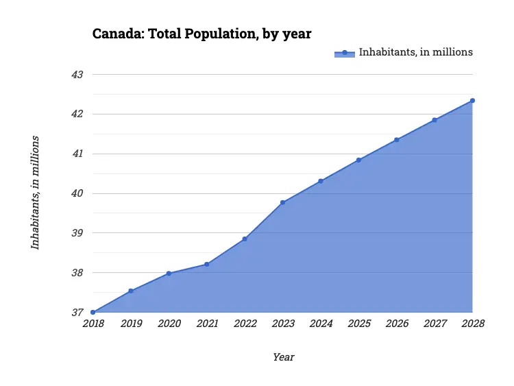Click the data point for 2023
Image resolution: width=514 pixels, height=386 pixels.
pyautogui.click(x=282, y=202)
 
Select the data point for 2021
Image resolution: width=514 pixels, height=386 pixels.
pyautogui.click(x=206, y=264)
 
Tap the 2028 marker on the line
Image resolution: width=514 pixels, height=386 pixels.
pyautogui.click(x=472, y=101)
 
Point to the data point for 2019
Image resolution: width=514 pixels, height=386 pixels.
pyautogui.click(x=130, y=291)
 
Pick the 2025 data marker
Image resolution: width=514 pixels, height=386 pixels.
pyautogui.click(x=358, y=160)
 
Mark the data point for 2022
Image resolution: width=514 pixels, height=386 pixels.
pyautogui.click(x=245, y=239)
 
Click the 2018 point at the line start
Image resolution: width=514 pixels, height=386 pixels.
pyautogui.click(x=93, y=313)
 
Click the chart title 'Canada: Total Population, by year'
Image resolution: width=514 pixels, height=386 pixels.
pyautogui.click(x=202, y=34)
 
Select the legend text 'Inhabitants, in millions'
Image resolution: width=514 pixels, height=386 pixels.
pyautogui.click(x=416, y=52)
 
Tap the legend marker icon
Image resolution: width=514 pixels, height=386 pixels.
pyautogui.click(x=345, y=53)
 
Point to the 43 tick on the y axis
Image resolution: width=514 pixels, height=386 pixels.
pyautogui.click(x=77, y=74)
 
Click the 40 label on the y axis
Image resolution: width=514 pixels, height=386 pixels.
pyautogui.click(x=77, y=193)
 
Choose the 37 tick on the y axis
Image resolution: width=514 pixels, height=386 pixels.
pyautogui.click(x=77, y=313)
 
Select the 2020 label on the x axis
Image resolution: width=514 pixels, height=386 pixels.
pyautogui.click(x=169, y=324)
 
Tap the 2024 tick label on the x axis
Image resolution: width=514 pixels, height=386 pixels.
pyautogui.click(x=321, y=324)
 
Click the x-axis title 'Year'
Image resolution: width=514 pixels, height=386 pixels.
pyautogui.click(x=283, y=357)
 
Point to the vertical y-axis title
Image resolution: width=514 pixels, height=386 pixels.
pyautogui.click(x=35, y=193)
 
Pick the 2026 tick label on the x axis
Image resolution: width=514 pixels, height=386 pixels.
pyautogui.click(x=397, y=324)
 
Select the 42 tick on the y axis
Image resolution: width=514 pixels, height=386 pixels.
pyautogui.click(x=77, y=114)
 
